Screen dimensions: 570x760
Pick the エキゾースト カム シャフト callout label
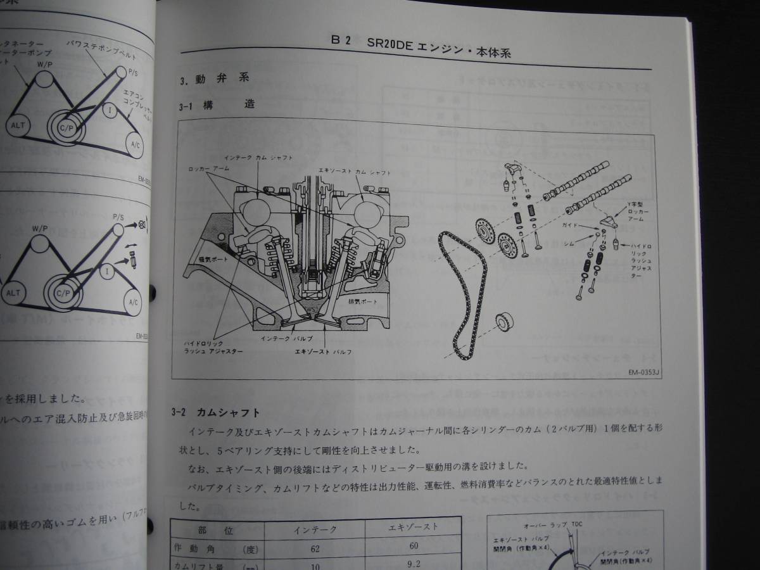point(355,172)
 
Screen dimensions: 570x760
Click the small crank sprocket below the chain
point(503,322)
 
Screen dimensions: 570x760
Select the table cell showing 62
point(315,548)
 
